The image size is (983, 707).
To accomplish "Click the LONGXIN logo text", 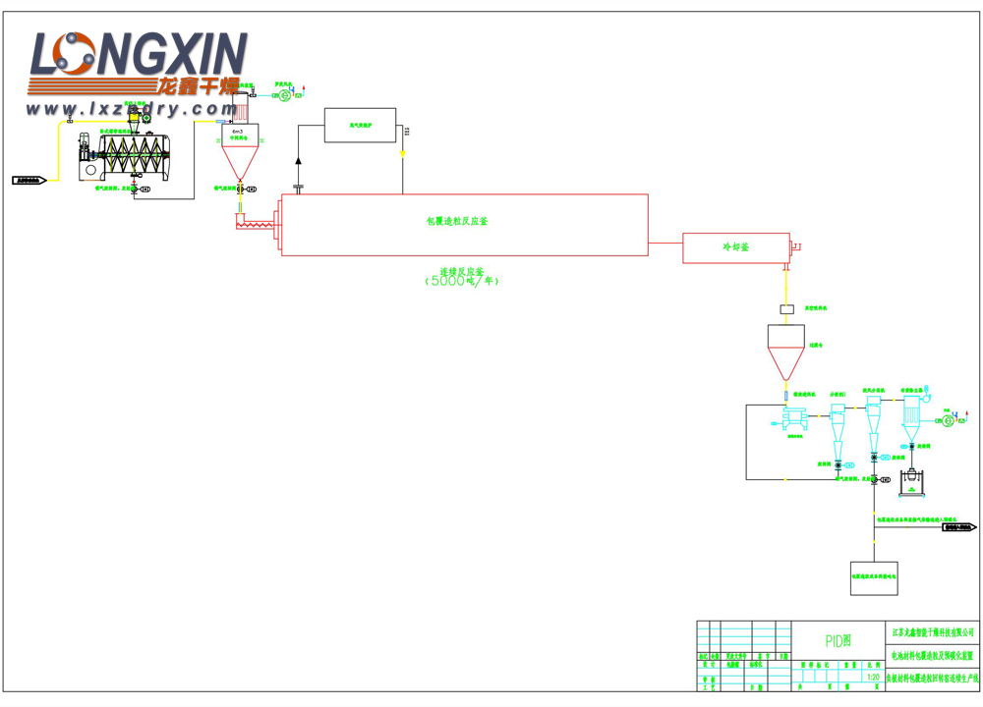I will [138, 56].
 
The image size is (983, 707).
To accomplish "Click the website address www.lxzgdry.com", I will [138, 110].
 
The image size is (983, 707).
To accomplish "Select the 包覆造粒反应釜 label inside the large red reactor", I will [456, 222].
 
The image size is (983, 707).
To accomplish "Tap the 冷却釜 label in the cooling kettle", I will [735, 247].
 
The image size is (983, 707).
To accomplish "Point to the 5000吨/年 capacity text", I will [462, 281].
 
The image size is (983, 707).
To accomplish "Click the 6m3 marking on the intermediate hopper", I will [237, 131].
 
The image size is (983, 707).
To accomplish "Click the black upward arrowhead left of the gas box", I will [299, 159].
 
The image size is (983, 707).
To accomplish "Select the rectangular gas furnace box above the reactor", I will [360, 126].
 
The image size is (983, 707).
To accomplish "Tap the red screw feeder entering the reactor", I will [258, 227].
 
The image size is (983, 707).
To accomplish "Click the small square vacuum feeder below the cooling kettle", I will [786, 309].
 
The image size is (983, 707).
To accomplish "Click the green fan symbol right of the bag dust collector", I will [948, 420].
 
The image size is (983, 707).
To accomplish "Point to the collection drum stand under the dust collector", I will [912, 481].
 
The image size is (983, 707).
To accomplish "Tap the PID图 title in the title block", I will [838, 640].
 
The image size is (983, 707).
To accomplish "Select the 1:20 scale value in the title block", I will [873, 677].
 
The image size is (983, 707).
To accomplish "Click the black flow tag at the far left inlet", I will [29, 181].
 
